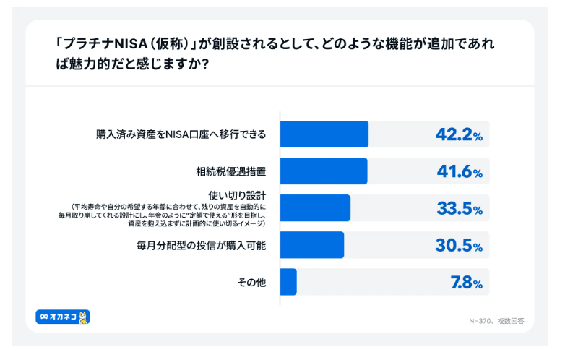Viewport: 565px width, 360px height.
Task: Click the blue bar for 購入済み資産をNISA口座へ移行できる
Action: pos(324,134)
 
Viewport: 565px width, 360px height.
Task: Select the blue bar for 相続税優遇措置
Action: pos(323,171)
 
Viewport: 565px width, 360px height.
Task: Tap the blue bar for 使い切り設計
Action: pos(314,207)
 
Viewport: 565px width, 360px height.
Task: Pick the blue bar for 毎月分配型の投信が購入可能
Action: pos(311,245)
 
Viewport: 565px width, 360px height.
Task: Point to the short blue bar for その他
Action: pos(288,282)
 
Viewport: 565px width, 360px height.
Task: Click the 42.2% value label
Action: pos(459,134)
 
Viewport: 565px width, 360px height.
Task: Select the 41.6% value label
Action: pos(459,171)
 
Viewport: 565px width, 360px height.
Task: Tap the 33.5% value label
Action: pos(459,208)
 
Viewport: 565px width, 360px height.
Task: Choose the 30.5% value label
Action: pos(459,246)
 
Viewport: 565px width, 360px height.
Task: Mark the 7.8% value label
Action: pos(466,283)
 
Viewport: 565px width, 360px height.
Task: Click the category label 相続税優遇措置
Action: pos(231,171)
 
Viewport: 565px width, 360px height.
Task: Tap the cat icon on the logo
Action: pos(83,317)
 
